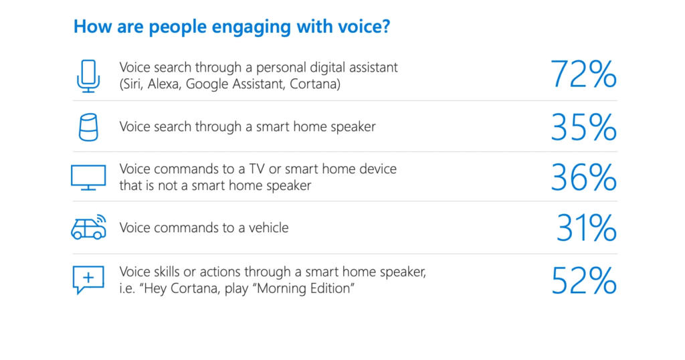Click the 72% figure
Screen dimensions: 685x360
coord(583,74)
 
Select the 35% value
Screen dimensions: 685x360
coord(583,127)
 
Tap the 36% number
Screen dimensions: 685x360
coord(583,177)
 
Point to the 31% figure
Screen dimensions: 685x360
coord(586,228)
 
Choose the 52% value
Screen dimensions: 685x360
coord(583,280)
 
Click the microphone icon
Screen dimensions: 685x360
coord(88,76)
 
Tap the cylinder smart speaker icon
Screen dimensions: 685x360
coord(88,127)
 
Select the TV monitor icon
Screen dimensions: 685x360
coord(88,177)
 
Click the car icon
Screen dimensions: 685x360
coord(89,228)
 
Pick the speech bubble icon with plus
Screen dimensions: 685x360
coord(88,280)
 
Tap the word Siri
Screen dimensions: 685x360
coord(132,84)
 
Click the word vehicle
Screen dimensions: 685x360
coord(269,228)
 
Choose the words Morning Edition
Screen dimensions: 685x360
coord(305,288)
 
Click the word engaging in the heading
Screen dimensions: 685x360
coord(251,27)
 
